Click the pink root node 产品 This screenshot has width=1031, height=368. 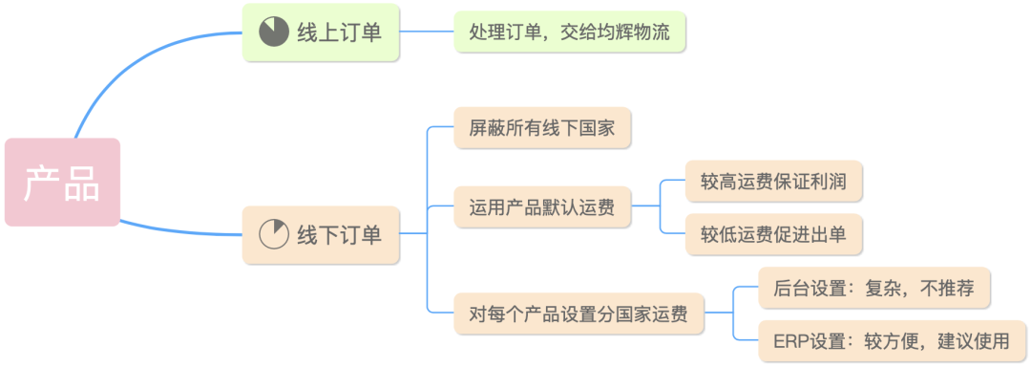pyautogui.click(x=62, y=183)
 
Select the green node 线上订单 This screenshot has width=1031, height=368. pyautogui.click(x=320, y=32)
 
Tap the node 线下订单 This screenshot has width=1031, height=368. pyautogui.click(x=320, y=234)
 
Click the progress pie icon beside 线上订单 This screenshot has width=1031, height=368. pyautogui.click(x=274, y=32)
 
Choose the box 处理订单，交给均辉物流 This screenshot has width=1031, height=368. pyautogui.click(x=569, y=32)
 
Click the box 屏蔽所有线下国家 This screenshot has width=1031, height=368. pyautogui.click(x=541, y=127)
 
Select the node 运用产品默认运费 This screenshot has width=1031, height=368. pyautogui.click(x=541, y=206)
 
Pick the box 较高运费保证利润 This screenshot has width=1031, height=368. pyautogui.click(x=773, y=180)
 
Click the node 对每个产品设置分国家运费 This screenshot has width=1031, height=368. pyautogui.click(x=578, y=314)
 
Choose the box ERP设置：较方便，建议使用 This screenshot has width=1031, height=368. pyautogui.click(x=894, y=340)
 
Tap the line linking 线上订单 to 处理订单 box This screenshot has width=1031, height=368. pyautogui.click(x=426, y=32)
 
